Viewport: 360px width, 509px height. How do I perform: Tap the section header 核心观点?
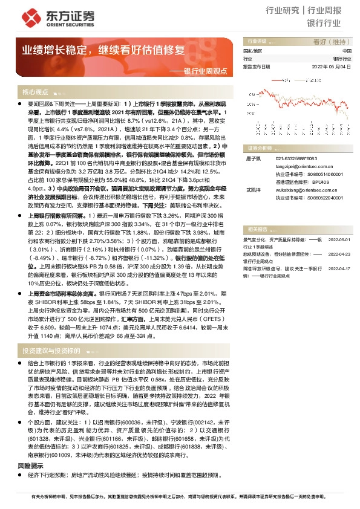[x=35, y=92]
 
